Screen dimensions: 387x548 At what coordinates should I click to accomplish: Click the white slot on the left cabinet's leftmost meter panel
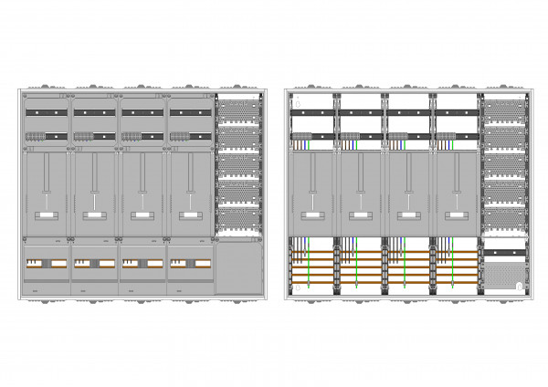[x=46, y=215]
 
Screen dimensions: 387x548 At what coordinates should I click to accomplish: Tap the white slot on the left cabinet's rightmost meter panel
[x=189, y=215]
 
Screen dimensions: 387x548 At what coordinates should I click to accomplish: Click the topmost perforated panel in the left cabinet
[x=239, y=111]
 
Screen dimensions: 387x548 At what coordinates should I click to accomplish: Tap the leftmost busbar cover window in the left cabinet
[x=46, y=263]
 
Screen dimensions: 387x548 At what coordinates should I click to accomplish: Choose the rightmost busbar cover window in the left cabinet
[x=189, y=263]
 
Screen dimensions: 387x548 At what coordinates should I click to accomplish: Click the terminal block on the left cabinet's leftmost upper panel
[x=36, y=137]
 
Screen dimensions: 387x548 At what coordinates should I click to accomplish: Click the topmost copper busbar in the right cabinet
[x=384, y=252]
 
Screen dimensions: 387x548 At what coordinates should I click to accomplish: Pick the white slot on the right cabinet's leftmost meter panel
[x=311, y=215]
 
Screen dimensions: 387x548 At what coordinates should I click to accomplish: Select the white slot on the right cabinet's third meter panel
[x=407, y=215]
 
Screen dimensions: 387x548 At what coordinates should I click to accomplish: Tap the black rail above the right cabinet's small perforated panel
[x=504, y=251]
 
